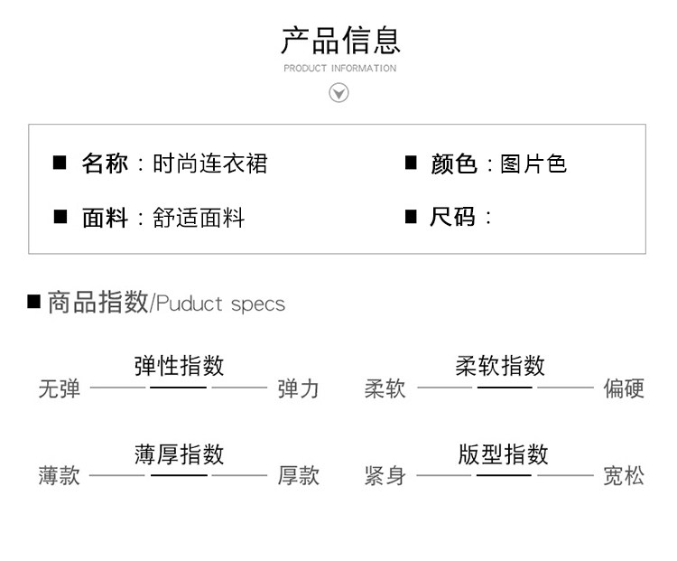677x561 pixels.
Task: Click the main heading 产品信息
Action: [340, 40]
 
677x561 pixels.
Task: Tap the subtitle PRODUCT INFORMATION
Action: [339, 69]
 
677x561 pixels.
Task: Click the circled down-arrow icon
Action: [338, 93]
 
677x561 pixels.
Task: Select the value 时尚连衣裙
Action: [210, 164]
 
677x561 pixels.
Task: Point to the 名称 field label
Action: [105, 164]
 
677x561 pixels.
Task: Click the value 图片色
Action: [533, 164]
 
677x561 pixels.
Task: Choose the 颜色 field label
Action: [454, 164]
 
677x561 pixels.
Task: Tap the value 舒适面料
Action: [199, 218]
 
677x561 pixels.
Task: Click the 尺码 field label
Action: [452, 217]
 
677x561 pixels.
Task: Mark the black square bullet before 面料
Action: [60, 217]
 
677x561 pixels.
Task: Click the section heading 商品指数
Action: [98, 302]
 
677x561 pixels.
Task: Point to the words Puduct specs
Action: [220, 304]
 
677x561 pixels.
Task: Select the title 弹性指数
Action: [180, 366]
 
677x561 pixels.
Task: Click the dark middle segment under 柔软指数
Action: [505, 388]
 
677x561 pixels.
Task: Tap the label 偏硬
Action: [624, 388]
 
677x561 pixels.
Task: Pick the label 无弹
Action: [60, 388]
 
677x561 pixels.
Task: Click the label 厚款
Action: [299, 475]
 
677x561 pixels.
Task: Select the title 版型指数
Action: [504, 454]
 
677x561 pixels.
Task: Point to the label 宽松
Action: [624, 476]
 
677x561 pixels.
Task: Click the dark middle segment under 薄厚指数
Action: [180, 475]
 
